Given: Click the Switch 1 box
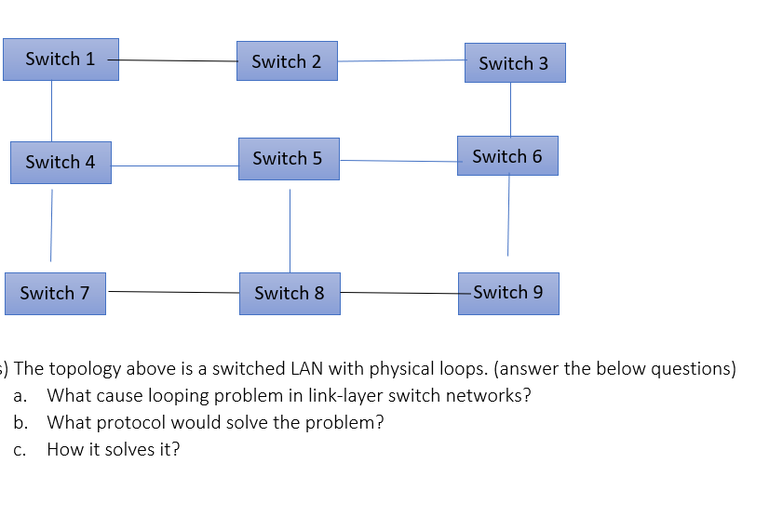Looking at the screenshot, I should [61, 60].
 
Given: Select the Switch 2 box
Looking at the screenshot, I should [287, 61].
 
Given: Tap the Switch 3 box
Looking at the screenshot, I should [515, 63].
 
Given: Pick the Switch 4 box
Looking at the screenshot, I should [61, 163].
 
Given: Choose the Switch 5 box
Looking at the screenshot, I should [289, 159].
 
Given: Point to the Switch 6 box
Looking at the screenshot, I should [507, 156].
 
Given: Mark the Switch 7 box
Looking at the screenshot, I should [55, 294].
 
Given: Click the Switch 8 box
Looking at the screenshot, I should [290, 294].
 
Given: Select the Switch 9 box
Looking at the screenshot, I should [508, 293].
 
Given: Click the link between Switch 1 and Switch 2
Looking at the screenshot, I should [177, 61].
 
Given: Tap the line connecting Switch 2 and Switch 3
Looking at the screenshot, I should [400, 61].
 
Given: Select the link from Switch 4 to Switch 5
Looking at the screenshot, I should [174, 166].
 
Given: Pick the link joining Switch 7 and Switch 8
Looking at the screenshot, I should [172, 292].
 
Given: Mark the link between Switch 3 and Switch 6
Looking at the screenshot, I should [510, 109].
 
